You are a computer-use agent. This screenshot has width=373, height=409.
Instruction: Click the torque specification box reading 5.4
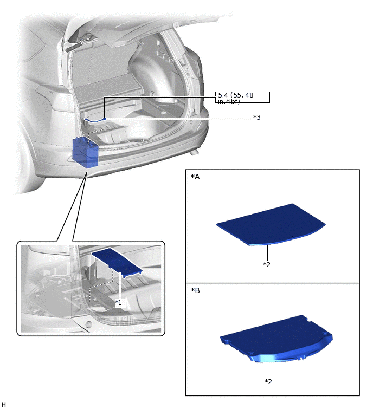pos(242,98)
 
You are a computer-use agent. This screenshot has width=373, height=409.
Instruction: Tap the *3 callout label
pos(257,118)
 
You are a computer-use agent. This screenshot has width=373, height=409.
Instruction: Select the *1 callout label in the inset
pos(119,303)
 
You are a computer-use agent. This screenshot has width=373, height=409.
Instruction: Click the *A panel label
pos(195,177)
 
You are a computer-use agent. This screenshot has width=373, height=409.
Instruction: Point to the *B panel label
pos(195,290)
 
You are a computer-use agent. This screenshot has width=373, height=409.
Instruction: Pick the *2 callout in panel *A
pos(267,264)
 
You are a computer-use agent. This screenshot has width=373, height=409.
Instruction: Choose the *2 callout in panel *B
pos(268,381)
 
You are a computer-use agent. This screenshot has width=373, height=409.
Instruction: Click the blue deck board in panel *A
pos(271,224)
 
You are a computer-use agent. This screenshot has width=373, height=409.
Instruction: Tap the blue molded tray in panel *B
pos(276,339)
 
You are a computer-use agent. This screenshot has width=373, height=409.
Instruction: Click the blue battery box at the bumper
pos(85,152)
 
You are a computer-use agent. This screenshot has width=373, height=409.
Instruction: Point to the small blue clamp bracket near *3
pos(95,120)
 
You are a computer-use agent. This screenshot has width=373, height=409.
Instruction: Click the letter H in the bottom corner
pos(3,405)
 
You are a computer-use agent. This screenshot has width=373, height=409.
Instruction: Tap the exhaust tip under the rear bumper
pos(195,152)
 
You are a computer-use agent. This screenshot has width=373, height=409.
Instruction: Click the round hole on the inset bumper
pos(88,324)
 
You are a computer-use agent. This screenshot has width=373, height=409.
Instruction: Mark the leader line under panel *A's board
pos(267,253)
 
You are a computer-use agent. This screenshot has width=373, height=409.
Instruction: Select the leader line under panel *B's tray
pos(269,369)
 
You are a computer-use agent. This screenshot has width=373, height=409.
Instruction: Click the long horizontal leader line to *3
pos(178,119)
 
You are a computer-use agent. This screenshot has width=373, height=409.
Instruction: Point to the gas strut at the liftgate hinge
pos(78,44)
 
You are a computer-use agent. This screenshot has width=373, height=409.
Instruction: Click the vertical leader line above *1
pos(120,286)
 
